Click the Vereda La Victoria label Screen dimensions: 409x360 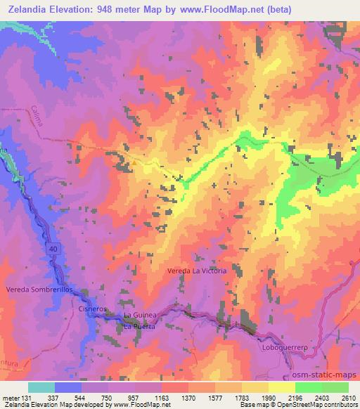pyautogui.click(x=197, y=271)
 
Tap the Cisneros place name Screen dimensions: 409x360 pyautogui.click(x=93, y=309)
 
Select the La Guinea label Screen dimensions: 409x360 pyautogui.click(x=139, y=315)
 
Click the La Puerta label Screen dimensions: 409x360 pyautogui.click(x=139, y=325)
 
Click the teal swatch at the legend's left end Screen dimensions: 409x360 pyautogui.click(x=41, y=387)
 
